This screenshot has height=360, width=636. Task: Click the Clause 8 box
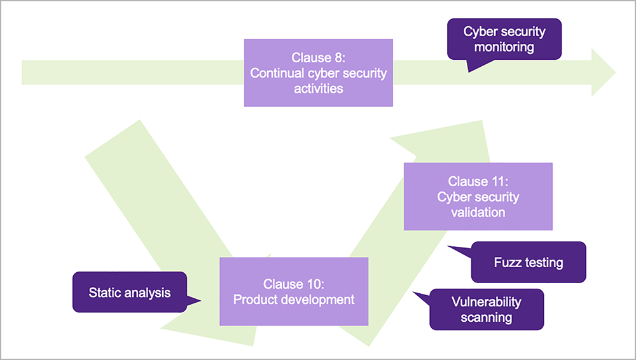(318, 73)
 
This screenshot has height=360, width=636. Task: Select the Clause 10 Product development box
(294, 291)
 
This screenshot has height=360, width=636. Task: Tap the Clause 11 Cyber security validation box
(478, 197)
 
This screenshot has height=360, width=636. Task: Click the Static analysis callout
(130, 293)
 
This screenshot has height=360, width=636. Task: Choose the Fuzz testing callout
(528, 262)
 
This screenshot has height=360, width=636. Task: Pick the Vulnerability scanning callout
(487, 309)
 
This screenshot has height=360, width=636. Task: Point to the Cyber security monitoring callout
(504, 39)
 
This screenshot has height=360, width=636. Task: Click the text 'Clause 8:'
(318, 58)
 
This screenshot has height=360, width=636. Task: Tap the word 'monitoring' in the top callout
(504, 46)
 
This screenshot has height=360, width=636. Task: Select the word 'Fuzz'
(506, 262)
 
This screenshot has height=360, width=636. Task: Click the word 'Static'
(105, 293)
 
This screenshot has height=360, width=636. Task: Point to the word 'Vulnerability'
(487, 301)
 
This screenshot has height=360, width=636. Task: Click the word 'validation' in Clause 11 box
(478, 212)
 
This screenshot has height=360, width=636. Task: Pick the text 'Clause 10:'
(294, 284)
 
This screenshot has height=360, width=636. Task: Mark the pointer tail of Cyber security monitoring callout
(470, 70)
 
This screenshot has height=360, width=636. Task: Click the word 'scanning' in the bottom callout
(487, 317)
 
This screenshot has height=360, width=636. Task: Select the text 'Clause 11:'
(478, 181)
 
